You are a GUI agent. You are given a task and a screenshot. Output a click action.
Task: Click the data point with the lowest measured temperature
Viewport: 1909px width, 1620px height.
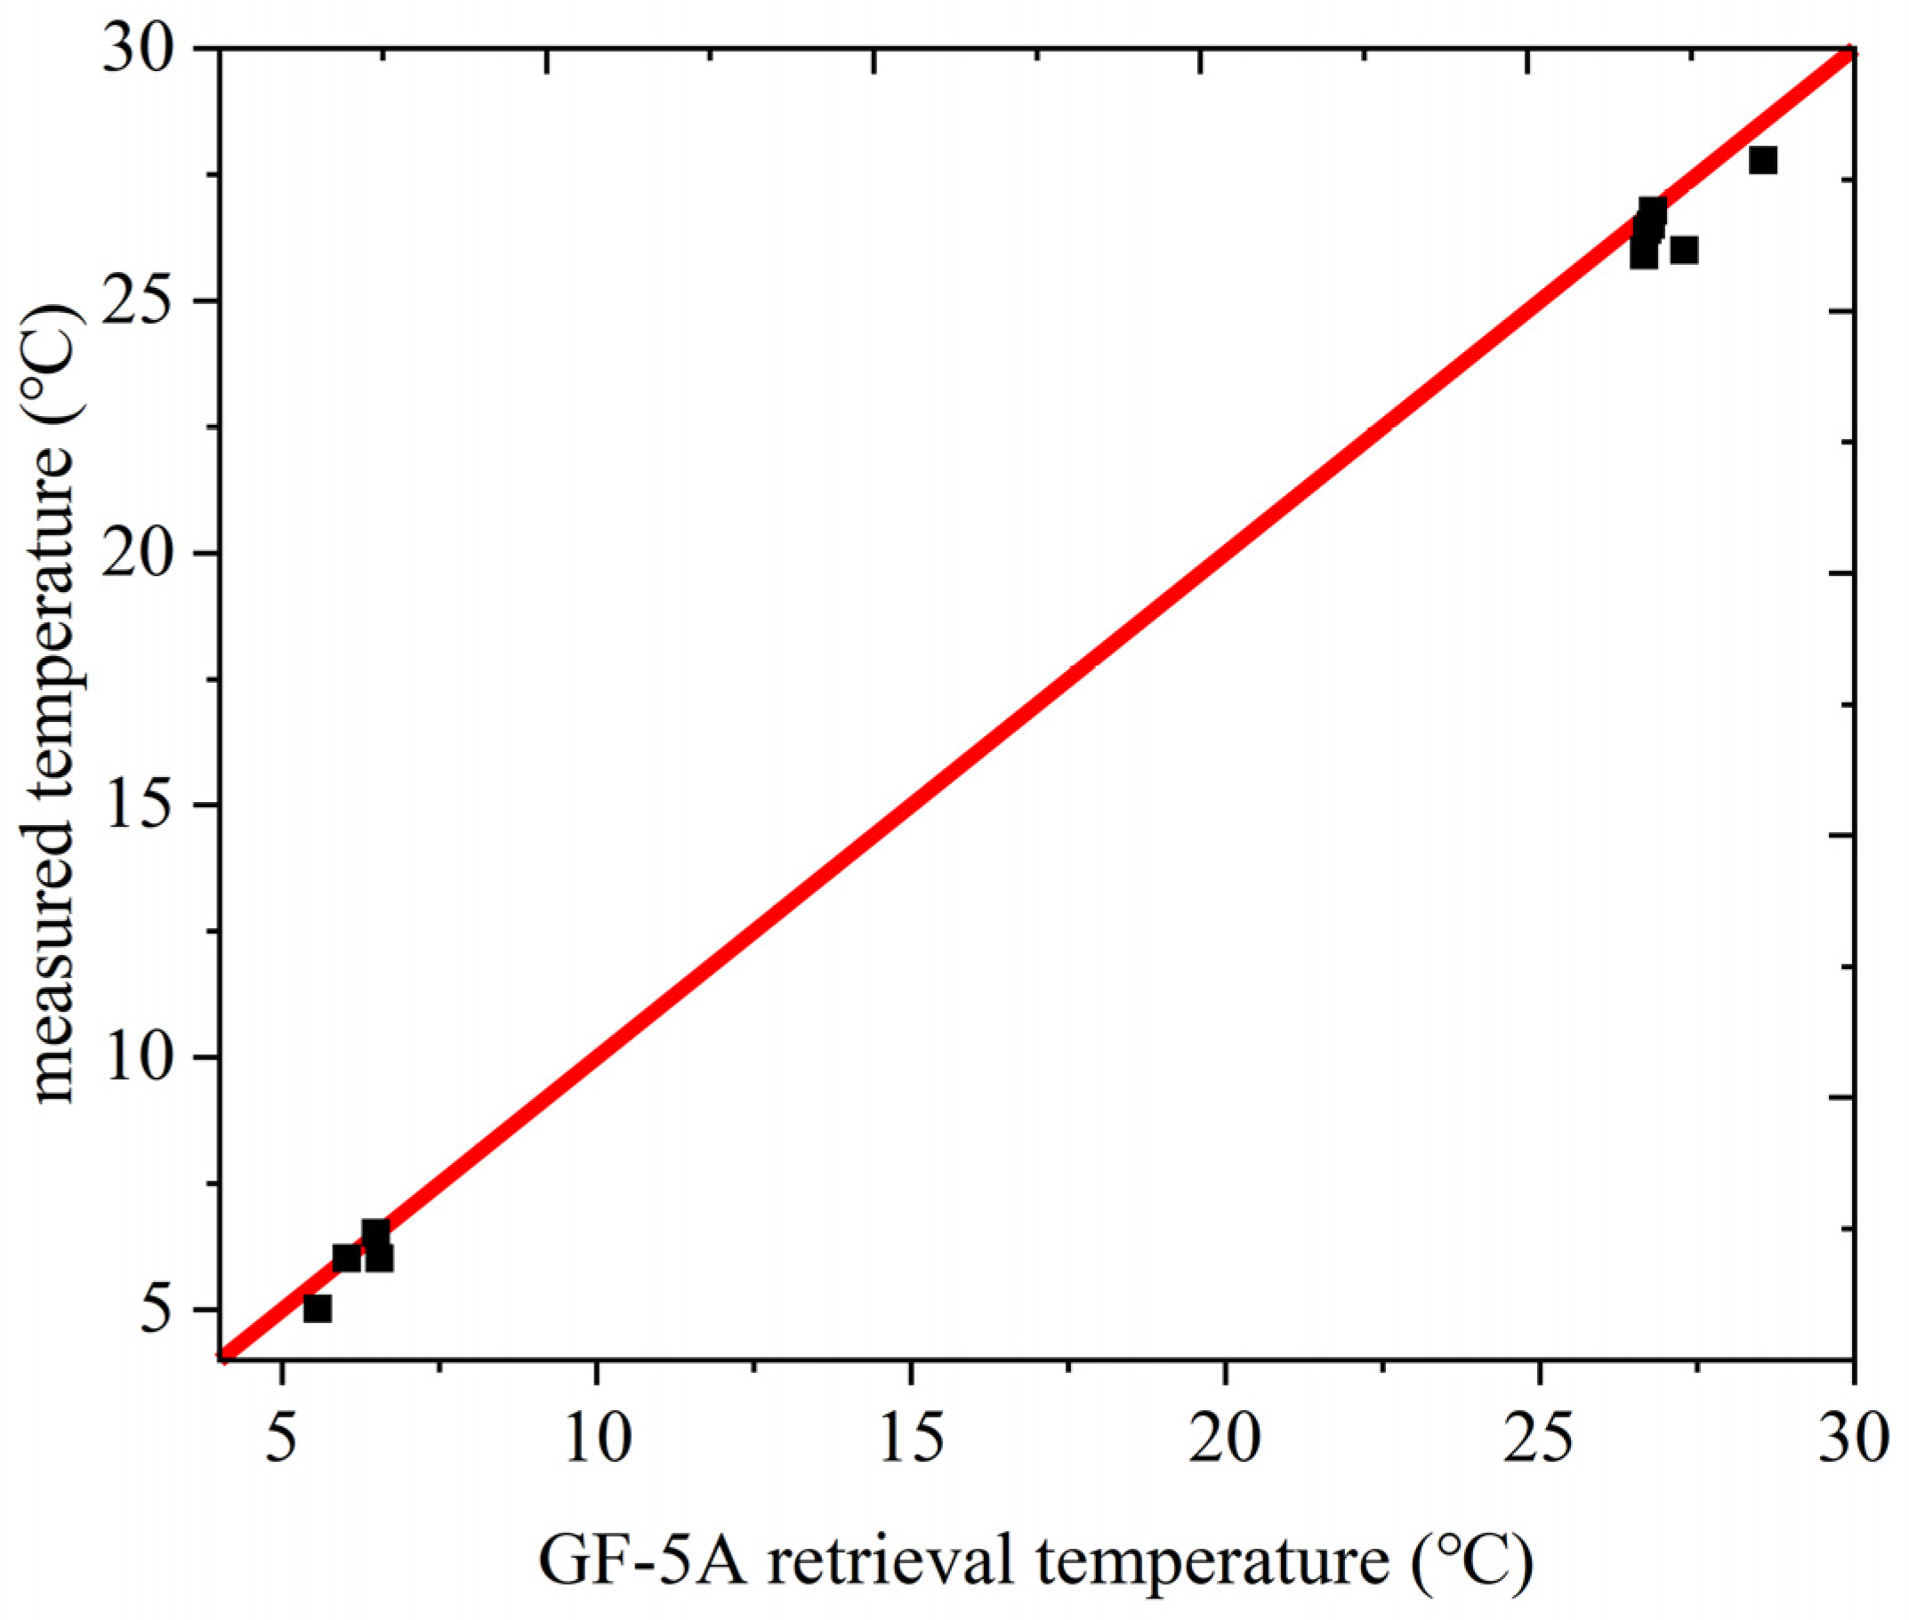(317, 1308)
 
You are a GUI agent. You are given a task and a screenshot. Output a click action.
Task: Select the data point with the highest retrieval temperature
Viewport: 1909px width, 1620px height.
(1762, 160)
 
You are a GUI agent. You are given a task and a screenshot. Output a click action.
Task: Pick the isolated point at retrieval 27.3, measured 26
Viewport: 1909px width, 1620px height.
(1683, 250)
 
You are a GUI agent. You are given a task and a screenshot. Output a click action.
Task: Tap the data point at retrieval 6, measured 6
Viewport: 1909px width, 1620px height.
(346, 1257)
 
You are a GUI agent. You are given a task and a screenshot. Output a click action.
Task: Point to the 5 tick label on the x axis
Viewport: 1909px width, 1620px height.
(282, 1440)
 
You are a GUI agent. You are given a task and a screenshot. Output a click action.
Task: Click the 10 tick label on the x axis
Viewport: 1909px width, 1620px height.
(597, 1440)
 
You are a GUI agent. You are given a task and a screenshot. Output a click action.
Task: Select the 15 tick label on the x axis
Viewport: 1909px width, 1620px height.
(911, 1440)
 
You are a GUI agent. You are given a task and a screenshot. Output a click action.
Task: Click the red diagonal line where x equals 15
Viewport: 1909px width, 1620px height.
(911, 806)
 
